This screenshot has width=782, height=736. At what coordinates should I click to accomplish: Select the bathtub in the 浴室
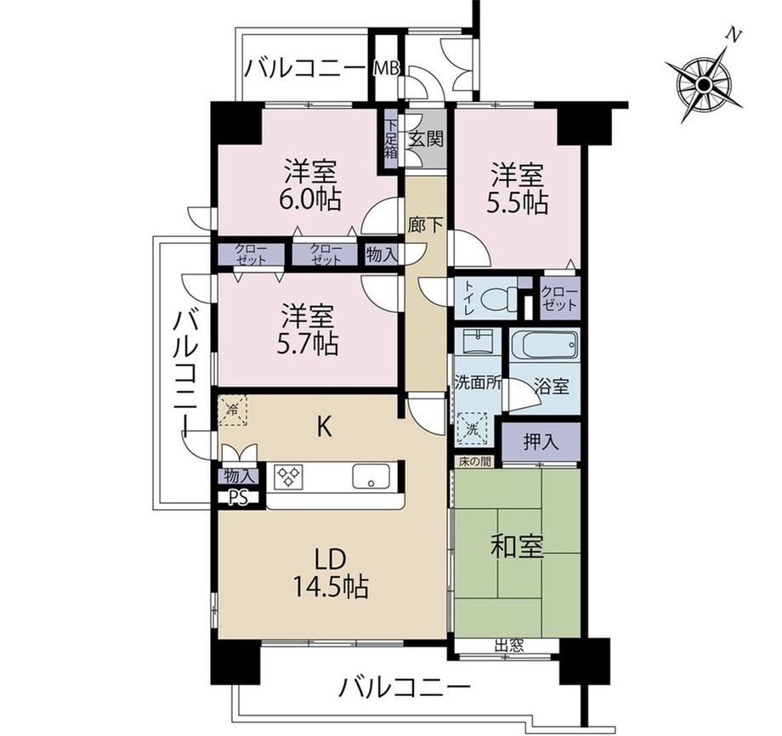coord(545,345)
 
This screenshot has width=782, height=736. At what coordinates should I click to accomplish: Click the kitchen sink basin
coord(371,476)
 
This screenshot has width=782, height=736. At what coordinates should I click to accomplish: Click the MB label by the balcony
coord(387,69)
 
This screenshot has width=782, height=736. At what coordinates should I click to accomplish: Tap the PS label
coord(239,498)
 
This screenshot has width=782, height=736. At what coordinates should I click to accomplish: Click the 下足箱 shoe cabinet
coord(390,139)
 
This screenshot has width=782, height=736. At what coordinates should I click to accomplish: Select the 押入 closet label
coord(541,442)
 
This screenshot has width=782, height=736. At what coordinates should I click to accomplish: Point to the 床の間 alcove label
coord(474,462)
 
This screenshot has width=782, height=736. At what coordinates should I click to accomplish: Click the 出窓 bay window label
coord(508,646)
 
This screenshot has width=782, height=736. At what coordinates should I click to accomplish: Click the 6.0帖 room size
coord(310,200)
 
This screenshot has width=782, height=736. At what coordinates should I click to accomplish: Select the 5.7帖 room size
coord(308,343)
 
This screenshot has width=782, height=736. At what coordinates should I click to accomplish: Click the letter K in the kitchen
coord(325,427)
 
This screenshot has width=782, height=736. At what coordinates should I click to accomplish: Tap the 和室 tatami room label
coord(517,546)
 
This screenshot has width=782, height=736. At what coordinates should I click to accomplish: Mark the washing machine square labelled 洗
coord(472,427)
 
